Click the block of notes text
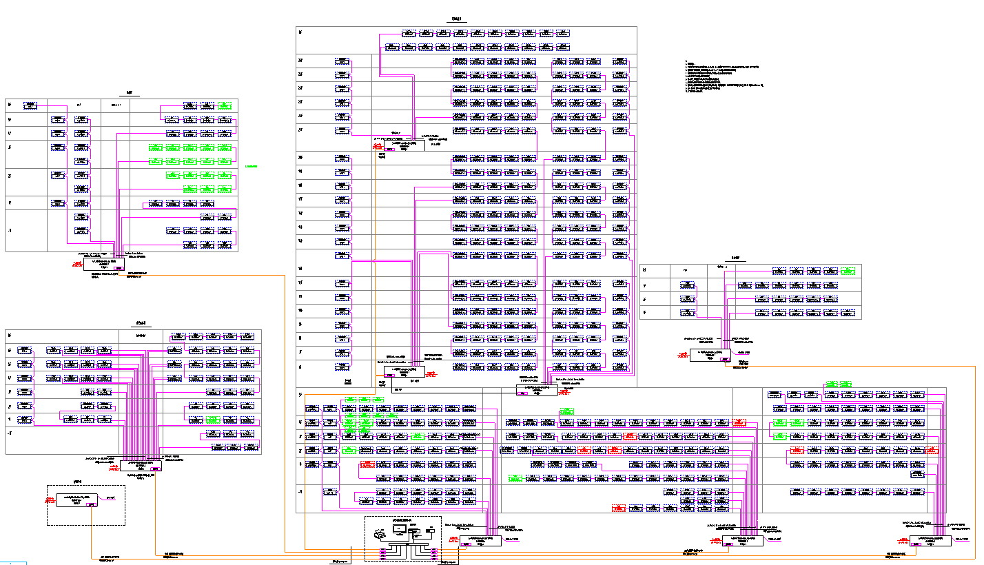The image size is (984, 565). (724, 76)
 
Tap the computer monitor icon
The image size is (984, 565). (399, 529)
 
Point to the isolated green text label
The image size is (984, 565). (251, 166)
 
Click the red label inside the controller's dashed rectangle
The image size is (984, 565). (50, 500)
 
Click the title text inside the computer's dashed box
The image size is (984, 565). (401, 519)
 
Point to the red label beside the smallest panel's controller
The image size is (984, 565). (681, 356)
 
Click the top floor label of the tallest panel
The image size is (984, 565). (300, 32)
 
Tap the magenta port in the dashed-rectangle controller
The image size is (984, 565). (90, 504)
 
